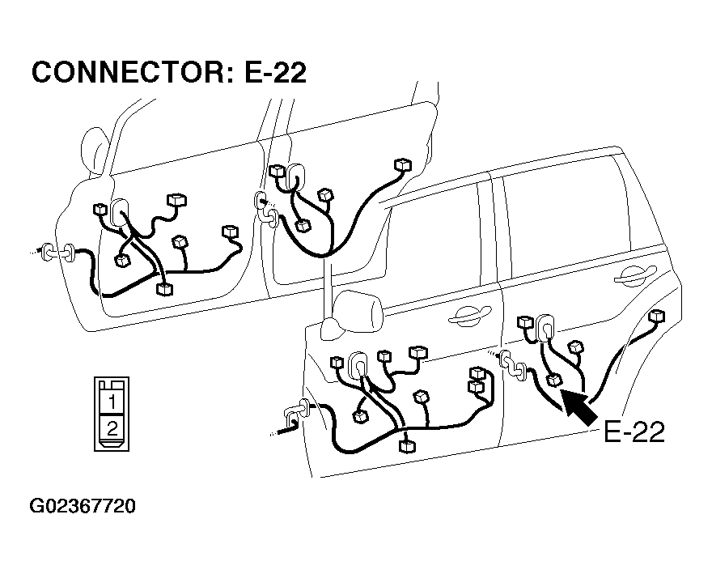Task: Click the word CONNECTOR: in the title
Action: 132,72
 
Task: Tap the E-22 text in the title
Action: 276,72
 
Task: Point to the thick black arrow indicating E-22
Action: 579,407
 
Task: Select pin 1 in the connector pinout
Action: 112,402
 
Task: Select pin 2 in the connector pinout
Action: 112,427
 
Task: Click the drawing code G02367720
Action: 83,506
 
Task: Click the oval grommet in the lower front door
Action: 358,364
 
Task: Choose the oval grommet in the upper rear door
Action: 295,176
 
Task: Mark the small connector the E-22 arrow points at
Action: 554,380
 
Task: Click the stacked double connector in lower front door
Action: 476,380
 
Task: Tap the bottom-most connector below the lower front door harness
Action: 406,445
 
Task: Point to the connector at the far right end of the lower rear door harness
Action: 657,316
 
